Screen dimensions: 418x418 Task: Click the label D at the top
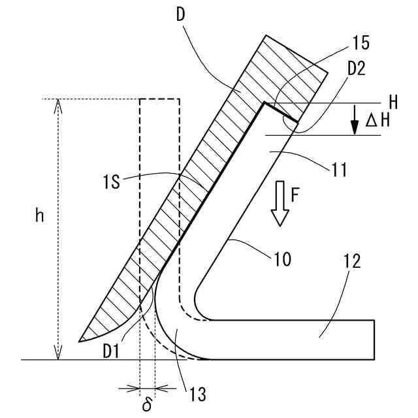[x=182, y=14]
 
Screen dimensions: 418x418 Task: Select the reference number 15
[x=360, y=43]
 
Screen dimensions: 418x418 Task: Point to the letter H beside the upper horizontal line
[x=392, y=103]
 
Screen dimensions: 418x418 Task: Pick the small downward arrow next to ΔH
[x=355, y=120]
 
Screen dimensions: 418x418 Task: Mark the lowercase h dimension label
[x=40, y=217]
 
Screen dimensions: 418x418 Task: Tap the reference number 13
[x=198, y=394]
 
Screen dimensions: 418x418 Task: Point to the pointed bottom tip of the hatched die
[x=80, y=340]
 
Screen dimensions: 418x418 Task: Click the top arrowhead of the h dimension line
[x=59, y=103]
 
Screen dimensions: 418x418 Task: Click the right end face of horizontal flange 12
[x=374, y=340]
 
